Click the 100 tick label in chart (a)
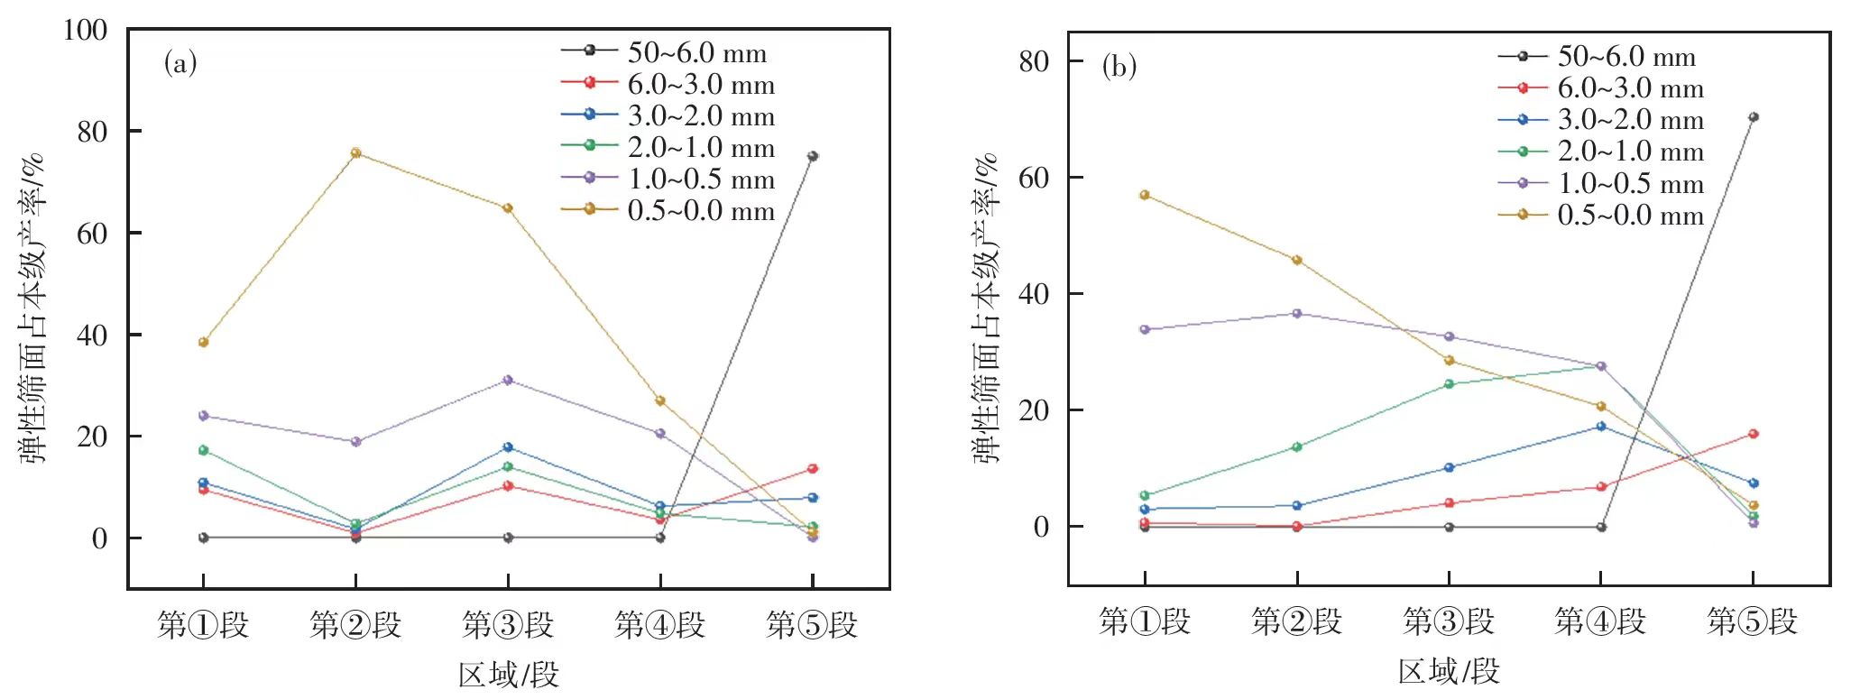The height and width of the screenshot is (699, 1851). pos(85,31)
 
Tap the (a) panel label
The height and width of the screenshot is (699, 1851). pos(180,63)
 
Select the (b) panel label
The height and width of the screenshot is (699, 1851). pos(1119,67)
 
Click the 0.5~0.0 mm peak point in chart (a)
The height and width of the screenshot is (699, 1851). pos(355,153)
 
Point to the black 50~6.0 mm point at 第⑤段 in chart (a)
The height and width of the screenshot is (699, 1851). pos(813,156)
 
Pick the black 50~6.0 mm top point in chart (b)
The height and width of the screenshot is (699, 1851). pos(1754,117)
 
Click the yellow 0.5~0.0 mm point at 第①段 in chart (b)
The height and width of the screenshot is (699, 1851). pos(1145,195)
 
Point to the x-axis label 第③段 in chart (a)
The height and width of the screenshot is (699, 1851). pos(508,624)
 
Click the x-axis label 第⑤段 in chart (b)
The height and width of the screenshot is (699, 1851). pos(1752,621)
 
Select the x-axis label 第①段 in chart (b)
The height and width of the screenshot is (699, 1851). pos(1144,621)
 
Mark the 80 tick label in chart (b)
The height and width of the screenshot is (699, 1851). pos(1034,61)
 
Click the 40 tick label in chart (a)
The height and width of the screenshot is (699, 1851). pos(92,336)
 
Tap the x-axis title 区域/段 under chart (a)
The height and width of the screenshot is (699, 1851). pos(508,675)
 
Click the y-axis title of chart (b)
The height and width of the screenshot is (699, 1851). pos(987,307)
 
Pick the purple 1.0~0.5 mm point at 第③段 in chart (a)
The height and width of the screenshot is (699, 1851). pos(508,381)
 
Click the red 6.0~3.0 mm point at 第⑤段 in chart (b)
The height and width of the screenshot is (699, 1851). pos(1754,434)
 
